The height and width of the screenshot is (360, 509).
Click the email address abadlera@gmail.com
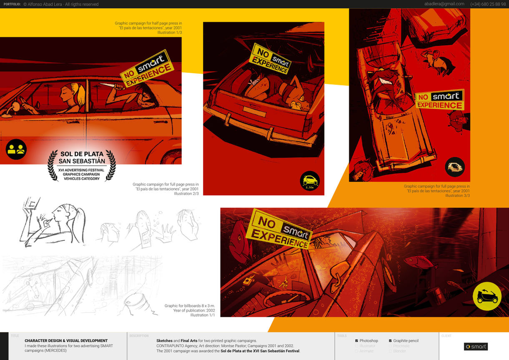444,4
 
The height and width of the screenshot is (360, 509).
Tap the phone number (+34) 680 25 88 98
488,4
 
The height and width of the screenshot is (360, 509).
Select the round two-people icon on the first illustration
16,149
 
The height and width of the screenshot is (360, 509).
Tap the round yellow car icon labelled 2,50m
309,181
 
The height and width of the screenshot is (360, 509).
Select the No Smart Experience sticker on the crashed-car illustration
439,100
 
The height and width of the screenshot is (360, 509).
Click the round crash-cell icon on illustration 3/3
455,167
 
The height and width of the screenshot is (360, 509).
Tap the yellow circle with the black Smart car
487,296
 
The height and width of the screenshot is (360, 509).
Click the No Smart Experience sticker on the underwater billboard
278,229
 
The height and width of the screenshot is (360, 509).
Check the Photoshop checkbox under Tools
356,341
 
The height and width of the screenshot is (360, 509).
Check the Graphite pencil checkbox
390,341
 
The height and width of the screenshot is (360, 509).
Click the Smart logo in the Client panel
476,347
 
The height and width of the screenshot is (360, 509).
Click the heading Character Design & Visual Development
66,341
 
